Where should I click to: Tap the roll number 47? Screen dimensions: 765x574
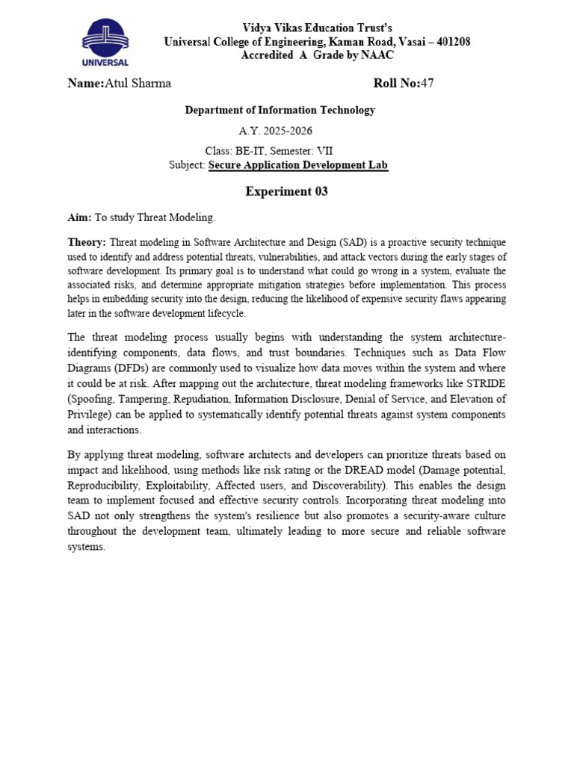pyautogui.click(x=427, y=84)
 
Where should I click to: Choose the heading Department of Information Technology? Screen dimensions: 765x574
pyautogui.click(x=280, y=111)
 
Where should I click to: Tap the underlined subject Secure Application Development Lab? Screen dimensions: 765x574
pyautogui.click(x=298, y=165)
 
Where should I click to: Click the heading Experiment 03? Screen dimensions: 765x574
pyautogui.click(x=286, y=192)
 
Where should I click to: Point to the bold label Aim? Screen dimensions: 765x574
pyautogui.click(x=79, y=217)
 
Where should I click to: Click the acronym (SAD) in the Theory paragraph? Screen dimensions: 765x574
pyautogui.click(x=355, y=243)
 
